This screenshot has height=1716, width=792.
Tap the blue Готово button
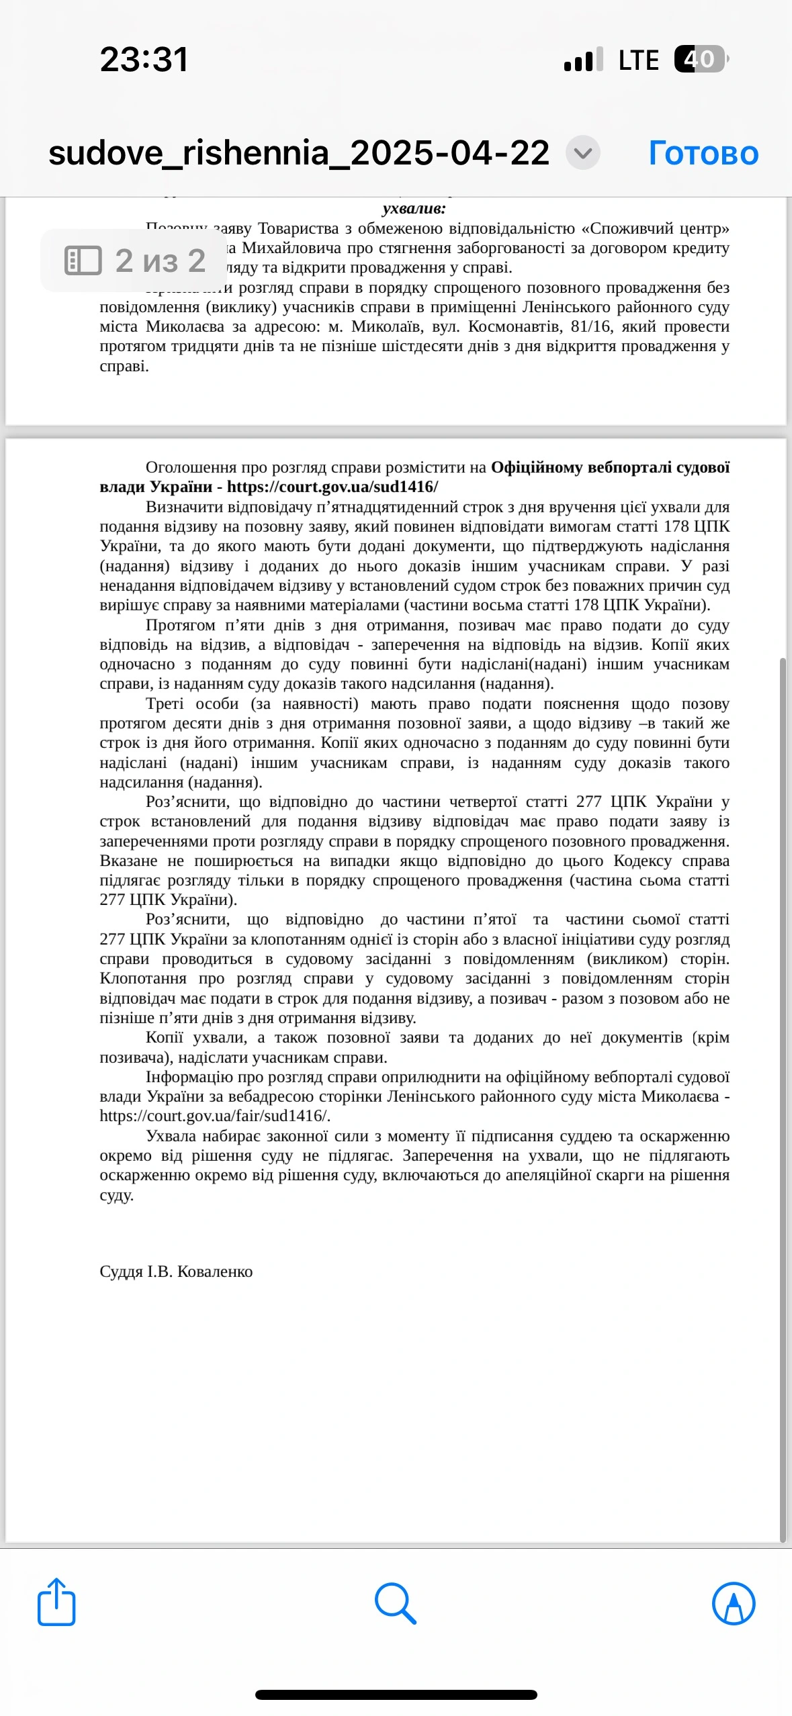[x=703, y=153]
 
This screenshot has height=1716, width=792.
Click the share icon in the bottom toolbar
[x=56, y=1603]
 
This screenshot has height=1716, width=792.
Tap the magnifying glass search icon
[x=396, y=1603]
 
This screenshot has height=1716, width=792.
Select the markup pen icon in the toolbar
[x=733, y=1603]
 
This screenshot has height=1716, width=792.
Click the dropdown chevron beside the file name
[x=582, y=153]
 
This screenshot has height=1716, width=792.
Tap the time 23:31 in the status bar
[x=144, y=59]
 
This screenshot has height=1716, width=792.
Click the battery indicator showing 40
[x=701, y=59]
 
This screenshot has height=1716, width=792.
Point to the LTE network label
[x=638, y=60]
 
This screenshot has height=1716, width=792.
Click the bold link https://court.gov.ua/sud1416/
[x=332, y=487]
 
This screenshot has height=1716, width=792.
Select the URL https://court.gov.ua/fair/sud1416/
[x=214, y=1116]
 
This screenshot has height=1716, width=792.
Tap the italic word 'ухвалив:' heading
[x=414, y=208]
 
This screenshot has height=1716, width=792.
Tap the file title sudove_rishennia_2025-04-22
[x=299, y=153]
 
